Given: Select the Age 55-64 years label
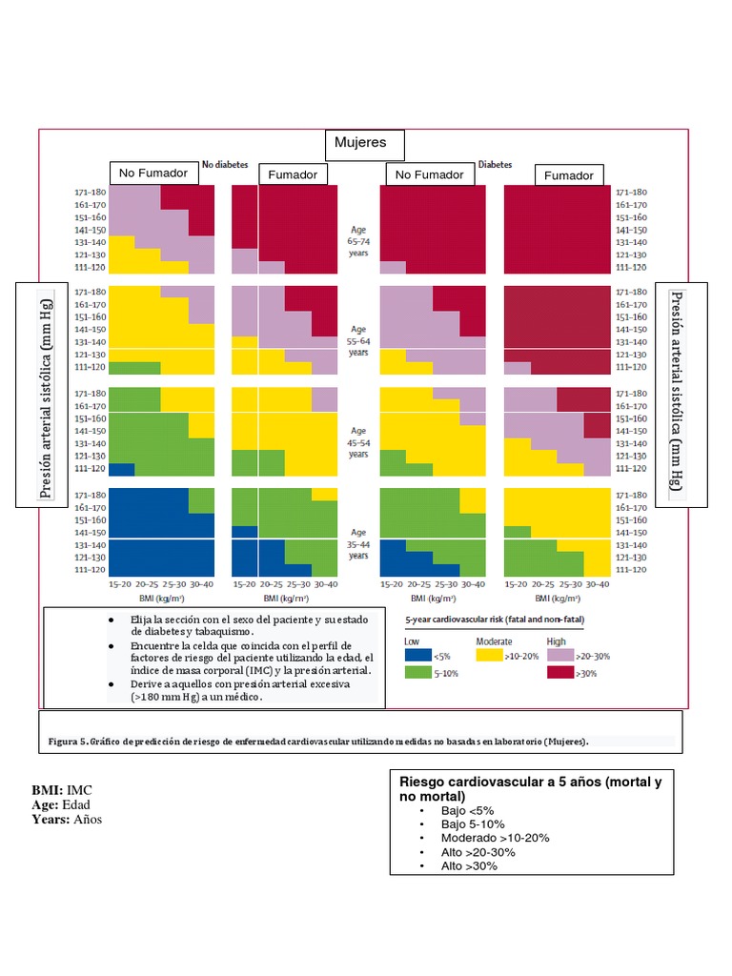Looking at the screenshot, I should coord(358,340).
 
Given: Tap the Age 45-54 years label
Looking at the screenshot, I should coord(358,442).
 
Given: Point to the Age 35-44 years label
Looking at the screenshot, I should coord(358,544).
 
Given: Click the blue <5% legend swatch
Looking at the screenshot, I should coord(417,656).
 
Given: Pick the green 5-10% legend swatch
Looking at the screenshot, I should coord(417,673).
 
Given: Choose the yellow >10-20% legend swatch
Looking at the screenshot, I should coord(488,656).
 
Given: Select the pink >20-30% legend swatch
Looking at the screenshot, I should coord(559,656).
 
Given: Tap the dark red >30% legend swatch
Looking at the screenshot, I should coord(559,673).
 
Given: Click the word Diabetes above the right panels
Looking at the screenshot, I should coord(495,164).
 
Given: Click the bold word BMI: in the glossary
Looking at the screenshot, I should coord(48,790).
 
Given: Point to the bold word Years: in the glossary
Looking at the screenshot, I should coord(51,819).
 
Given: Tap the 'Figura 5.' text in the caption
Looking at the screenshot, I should coord(68,742).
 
